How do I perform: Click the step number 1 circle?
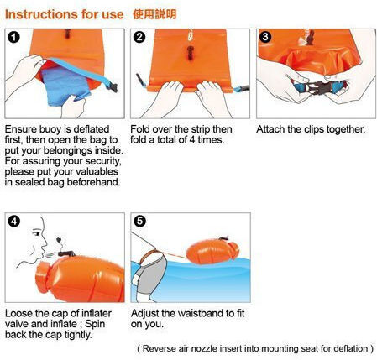[13, 38]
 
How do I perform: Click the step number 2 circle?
[139, 37]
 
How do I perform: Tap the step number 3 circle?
[265, 37]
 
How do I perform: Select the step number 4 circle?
[14, 222]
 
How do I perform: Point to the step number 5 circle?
[139, 222]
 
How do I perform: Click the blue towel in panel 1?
[65, 86]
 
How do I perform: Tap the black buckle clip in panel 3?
[317, 86]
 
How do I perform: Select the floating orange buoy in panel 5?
[212, 251]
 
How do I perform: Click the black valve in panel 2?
[190, 53]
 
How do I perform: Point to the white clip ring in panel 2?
[191, 34]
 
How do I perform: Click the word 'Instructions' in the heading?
[41, 14]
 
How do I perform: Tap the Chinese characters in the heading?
[154, 14]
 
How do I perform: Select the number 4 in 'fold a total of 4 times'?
[192, 140]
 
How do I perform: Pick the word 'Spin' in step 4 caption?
[95, 324]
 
